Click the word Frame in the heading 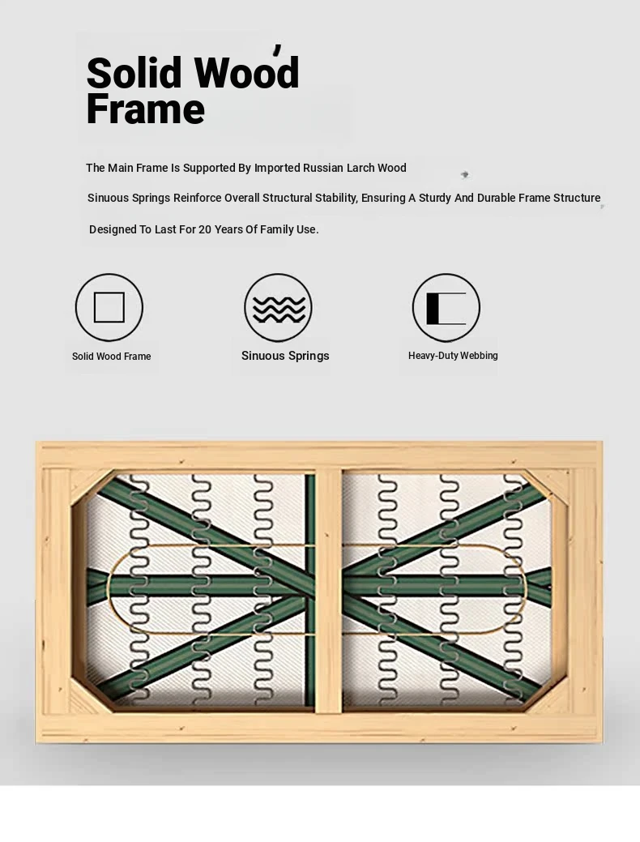pos(146,109)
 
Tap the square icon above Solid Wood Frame pos(109,307)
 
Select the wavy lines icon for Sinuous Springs pos(278,308)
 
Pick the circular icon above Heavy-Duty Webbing pos(446,308)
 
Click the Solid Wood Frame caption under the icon pos(112,357)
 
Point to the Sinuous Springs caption pos(285,356)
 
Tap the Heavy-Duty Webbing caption pos(453,356)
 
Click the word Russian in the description pos(322,168)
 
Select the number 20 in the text pos(205,229)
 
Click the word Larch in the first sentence pos(361,168)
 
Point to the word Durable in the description pos(497,198)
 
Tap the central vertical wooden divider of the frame pos(328,592)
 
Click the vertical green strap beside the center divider pos(309,590)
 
